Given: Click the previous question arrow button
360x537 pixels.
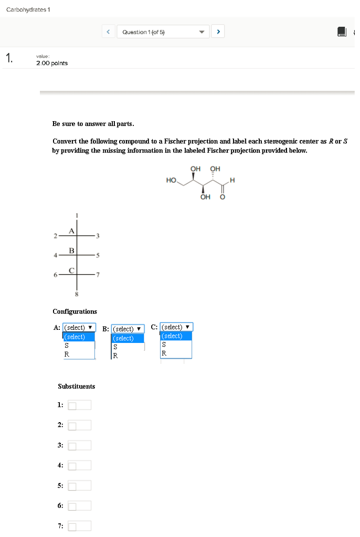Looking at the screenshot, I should tap(108, 32).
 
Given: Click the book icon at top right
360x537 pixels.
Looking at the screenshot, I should tap(342, 33).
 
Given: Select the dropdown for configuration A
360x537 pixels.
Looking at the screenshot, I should tap(79, 328).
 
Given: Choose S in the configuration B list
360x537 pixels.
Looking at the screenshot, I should tap(115, 347).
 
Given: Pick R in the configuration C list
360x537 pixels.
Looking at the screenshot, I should tap(164, 353).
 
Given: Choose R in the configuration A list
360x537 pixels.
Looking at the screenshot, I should tap(67, 355).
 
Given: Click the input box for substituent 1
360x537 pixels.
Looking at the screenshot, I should tap(79, 405).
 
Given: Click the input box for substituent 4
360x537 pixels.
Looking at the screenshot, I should tap(79, 465).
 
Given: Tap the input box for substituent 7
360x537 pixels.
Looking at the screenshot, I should tap(79, 526).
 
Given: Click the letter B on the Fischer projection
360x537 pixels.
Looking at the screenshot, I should tap(71, 251).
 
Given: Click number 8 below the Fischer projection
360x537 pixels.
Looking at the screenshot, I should tap(77, 294).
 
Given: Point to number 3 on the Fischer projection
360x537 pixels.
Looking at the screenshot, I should tap(97, 237).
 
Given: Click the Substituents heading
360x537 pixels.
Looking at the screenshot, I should tap(76, 386).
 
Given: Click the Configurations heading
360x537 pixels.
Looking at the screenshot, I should tap(75, 312).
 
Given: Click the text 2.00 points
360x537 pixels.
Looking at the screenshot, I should tap(51, 63).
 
